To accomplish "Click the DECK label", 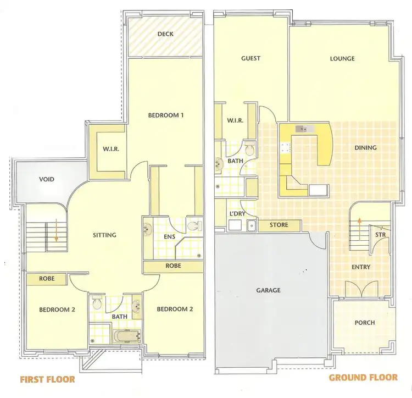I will [x=165, y=34].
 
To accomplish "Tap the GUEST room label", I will [x=250, y=58].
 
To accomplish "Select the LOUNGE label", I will [x=342, y=59].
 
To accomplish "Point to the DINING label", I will [x=365, y=148].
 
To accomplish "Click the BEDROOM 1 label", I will [x=165, y=115].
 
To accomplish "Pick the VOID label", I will [x=46, y=179].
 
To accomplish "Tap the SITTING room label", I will [x=104, y=235].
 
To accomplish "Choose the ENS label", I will [x=169, y=237].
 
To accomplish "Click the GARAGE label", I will [x=268, y=290].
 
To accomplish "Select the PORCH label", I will [x=365, y=323].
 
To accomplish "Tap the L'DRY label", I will [x=237, y=213].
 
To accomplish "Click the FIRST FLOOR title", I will [x=47, y=379].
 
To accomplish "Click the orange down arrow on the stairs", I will [x=55, y=231].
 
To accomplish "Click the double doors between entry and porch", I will [x=363, y=289].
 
